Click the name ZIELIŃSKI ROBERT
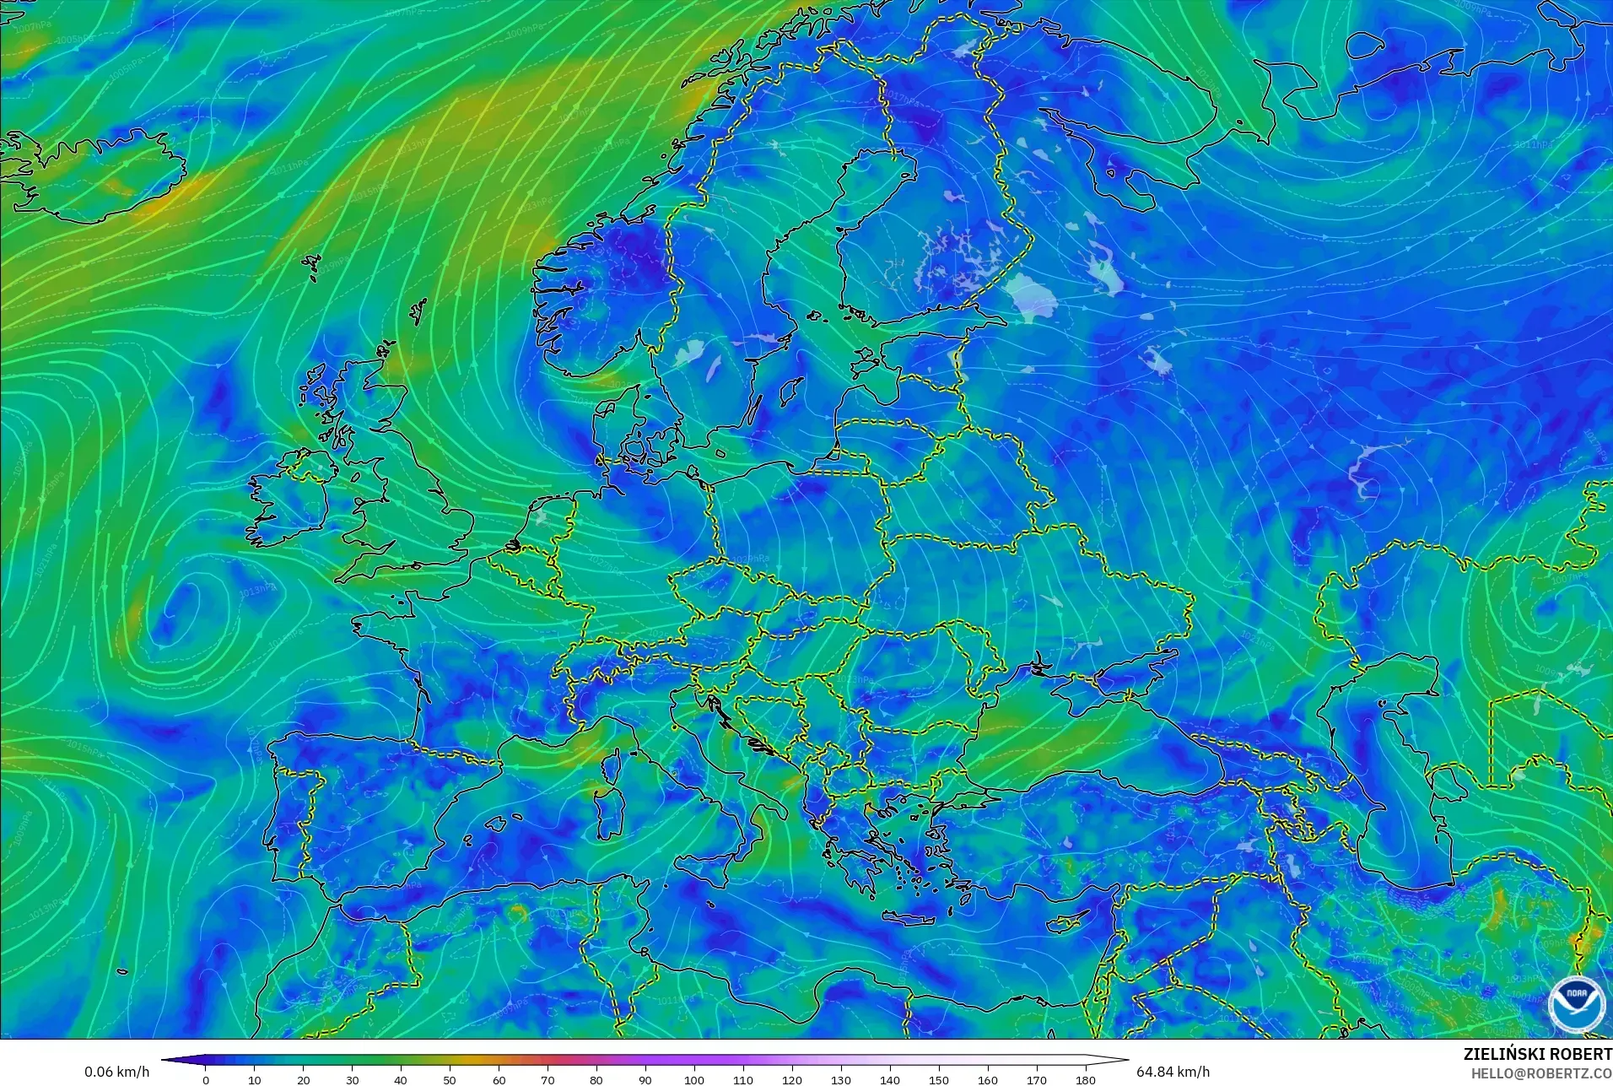coord(1537,1054)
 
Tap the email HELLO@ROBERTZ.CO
coord(1541,1073)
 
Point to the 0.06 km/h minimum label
coord(116,1072)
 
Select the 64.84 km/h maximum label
coord(1173,1072)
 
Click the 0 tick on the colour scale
coord(205,1079)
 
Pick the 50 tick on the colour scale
coord(450,1079)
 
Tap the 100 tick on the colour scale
coord(693,1079)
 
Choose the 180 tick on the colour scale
coord(1085,1079)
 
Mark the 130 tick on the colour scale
coord(840,1079)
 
